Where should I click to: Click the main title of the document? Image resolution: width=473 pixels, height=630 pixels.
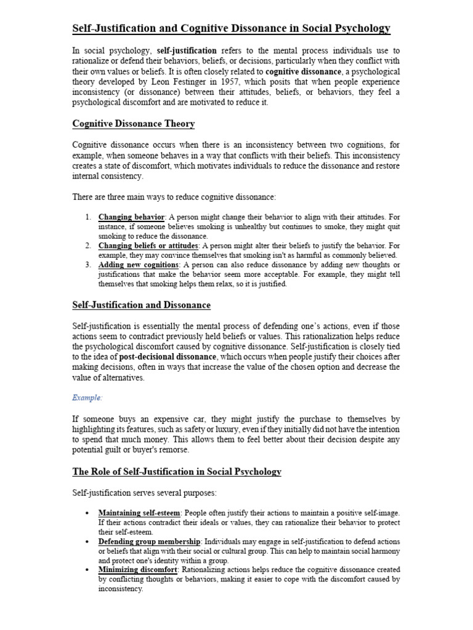tap(231, 29)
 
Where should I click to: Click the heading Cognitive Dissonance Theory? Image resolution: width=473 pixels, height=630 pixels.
tap(134, 124)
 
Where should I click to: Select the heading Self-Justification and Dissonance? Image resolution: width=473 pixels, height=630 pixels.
tap(141, 305)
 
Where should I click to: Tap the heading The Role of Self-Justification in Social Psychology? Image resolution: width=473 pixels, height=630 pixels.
tap(177, 471)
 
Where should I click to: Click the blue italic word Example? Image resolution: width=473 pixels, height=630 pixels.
tap(87, 398)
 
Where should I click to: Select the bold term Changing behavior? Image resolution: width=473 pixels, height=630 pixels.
tap(131, 217)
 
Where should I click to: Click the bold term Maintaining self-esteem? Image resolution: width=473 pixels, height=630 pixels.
tap(139, 512)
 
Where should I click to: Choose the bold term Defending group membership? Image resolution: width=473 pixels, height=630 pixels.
tap(149, 541)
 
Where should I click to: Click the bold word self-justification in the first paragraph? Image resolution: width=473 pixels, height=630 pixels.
tap(187, 50)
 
